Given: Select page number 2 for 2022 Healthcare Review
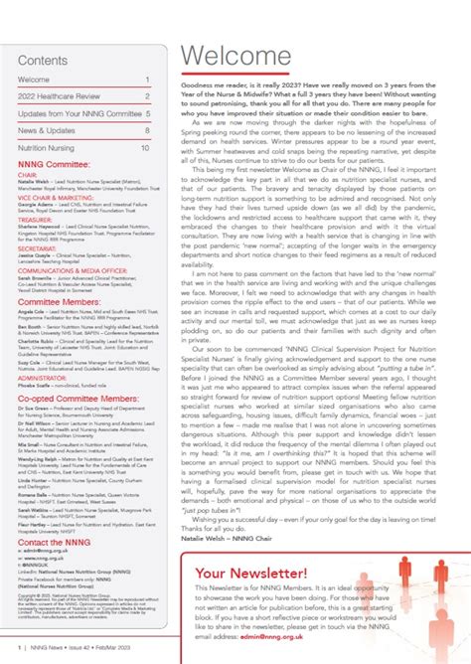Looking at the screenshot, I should tap(147, 95).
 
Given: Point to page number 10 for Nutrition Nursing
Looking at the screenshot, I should tap(145, 147).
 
